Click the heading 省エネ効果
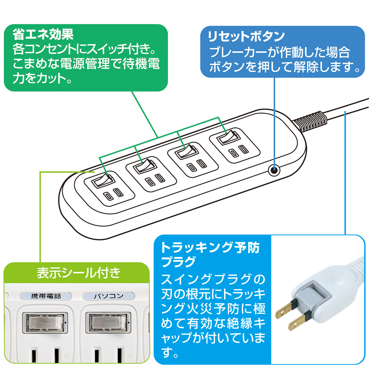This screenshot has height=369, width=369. [43, 35]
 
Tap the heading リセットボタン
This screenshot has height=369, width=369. [246, 36]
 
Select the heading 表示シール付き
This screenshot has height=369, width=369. [78, 273]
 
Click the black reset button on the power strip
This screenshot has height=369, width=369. [274, 170]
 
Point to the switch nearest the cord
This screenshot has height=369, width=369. [228, 137]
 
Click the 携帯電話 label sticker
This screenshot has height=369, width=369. [46, 296]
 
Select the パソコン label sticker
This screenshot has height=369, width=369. [108, 296]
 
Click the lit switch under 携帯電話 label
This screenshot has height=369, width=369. [45, 322]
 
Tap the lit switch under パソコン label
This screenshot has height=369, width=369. [108, 322]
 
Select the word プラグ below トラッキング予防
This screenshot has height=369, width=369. [179, 262]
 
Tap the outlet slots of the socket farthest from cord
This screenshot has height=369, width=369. [113, 194]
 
